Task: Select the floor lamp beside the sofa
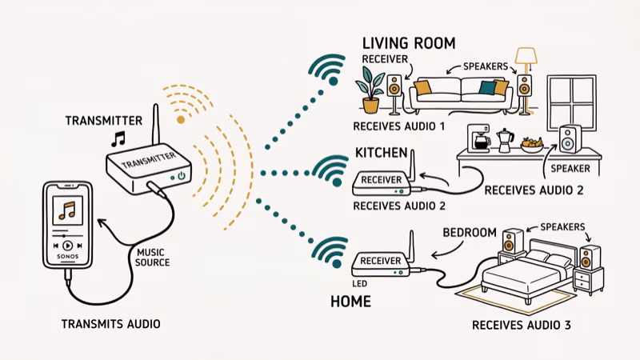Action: [526, 76]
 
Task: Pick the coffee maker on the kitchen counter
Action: [482, 140]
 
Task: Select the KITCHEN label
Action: [382, 152]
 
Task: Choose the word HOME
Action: [350, 302]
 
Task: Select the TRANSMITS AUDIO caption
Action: [110, 324]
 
